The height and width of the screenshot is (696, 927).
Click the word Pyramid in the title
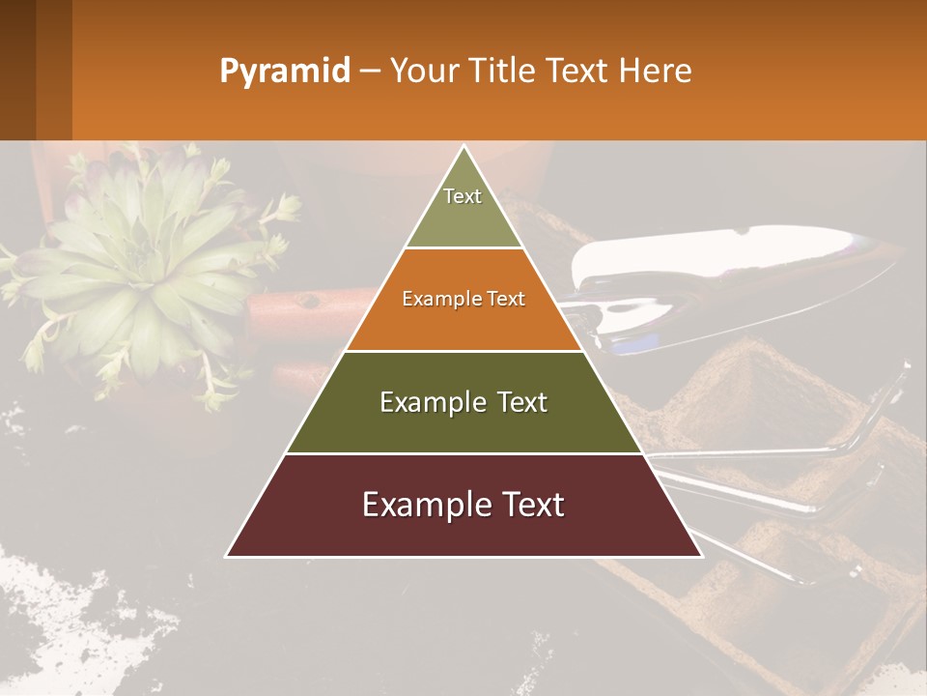pyautogui.click(x=285, y=72)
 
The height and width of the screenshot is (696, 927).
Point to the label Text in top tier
pyautogui.click(x=463, y=196)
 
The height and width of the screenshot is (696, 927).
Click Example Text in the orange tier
pyautogui.click(x=463, y=299)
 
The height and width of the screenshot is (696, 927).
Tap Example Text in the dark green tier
pyautogui.click(x=463, y=402)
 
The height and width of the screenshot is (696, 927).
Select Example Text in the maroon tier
pyautogui.click(x=463, y=505)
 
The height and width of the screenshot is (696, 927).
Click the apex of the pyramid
pyautogui.click(x=463, y=148)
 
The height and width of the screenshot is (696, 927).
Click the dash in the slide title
pyautogui.click(x=370, y=72)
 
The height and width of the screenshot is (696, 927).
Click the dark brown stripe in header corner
pyautogui.click(x=17, y=70)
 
